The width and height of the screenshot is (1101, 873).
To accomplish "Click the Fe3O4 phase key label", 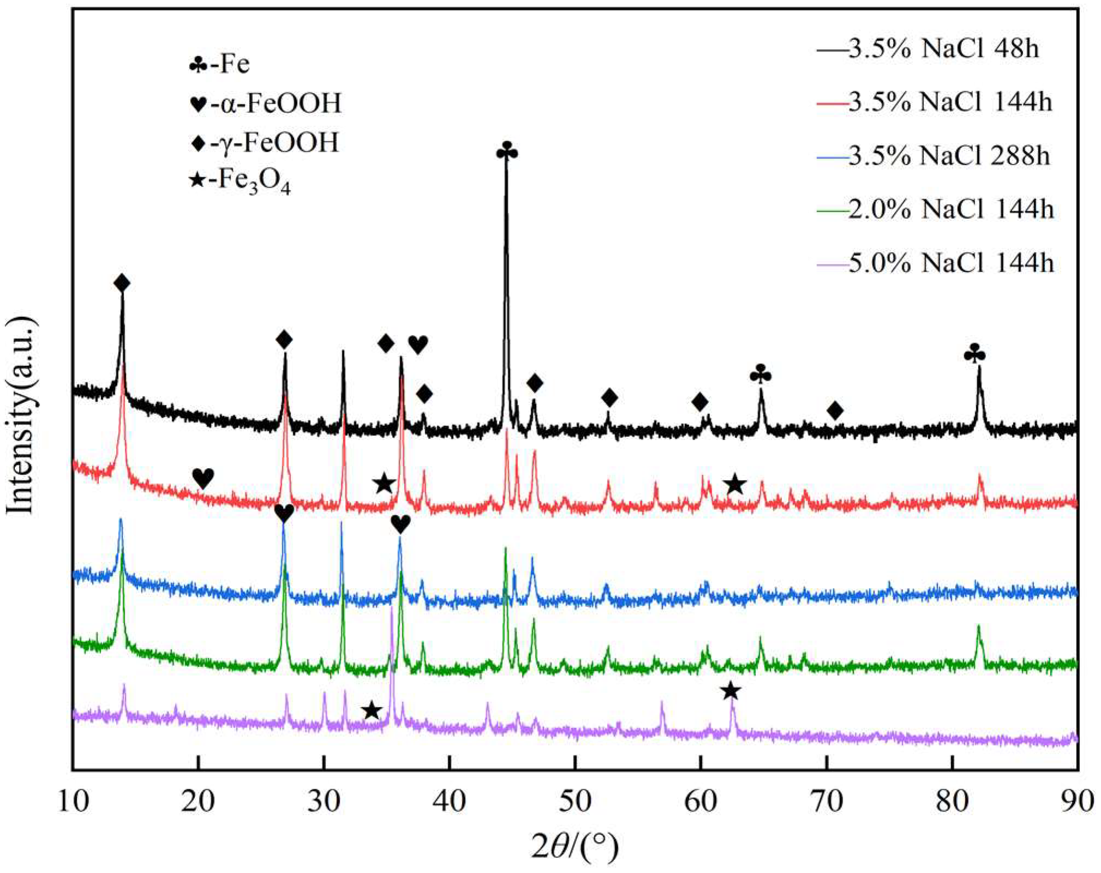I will tap(240, 181).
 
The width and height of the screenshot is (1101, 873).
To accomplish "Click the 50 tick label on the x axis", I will tap(575, 801).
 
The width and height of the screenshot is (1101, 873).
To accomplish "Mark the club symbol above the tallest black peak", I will tap(507, 152).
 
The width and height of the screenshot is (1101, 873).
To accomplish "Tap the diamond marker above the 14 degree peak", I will tap(122, 283).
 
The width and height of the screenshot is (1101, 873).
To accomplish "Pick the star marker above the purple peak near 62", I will tap(731, 691).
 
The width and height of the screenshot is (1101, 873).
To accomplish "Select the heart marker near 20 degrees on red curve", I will tap(203, 478).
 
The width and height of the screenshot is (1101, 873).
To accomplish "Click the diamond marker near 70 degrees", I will tap(835, 410).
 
